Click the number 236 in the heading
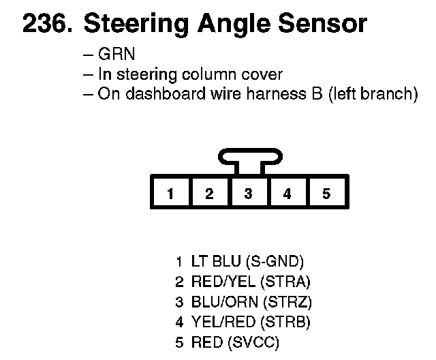45,25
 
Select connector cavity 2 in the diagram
209,194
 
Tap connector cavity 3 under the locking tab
248,194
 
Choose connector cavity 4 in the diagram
287,194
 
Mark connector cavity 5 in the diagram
326,194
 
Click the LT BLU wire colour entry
212,260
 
